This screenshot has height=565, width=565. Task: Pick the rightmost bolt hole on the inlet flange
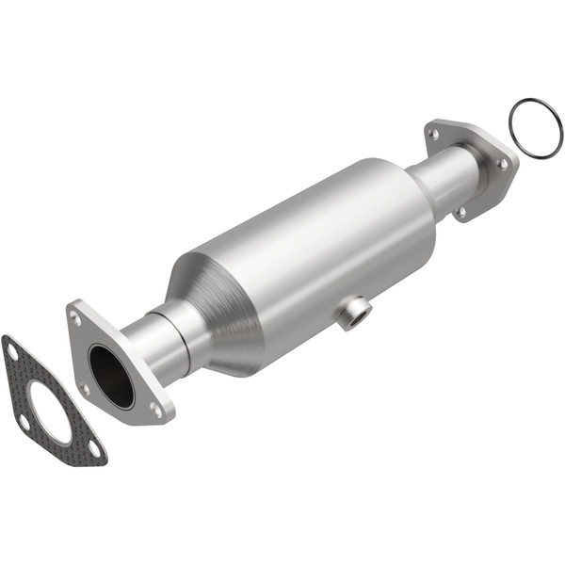point(154,407)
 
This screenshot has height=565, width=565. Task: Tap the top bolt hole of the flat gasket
point(12,350)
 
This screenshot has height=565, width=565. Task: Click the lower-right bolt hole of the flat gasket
point(93,449)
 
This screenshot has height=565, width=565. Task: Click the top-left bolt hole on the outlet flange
point(433,135)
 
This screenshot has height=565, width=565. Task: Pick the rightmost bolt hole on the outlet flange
point(503,163)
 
